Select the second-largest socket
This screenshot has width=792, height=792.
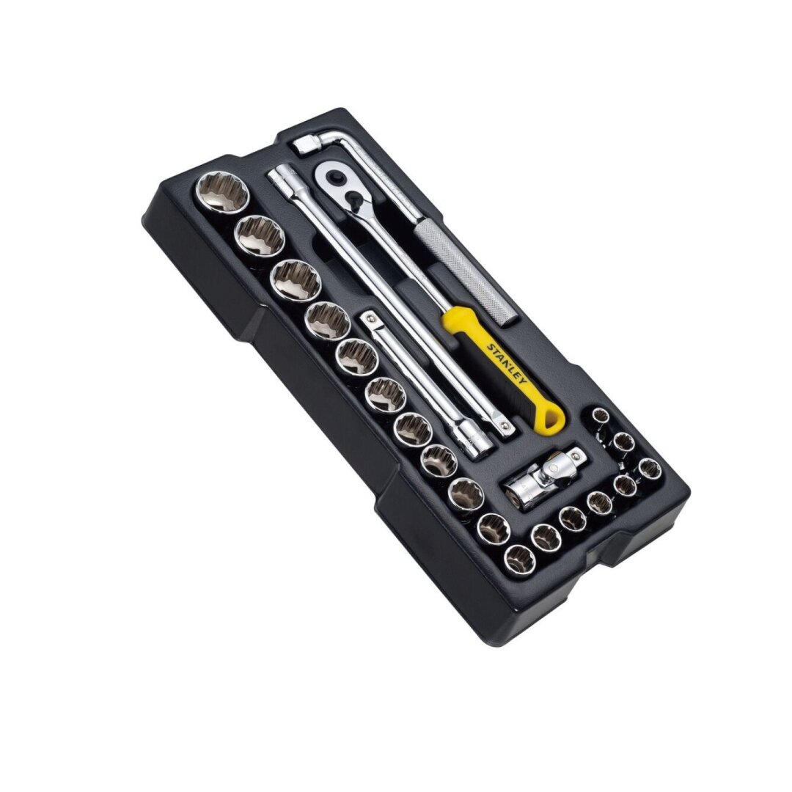click(x=258, y=234)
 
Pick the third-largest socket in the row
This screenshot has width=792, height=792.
click(x=296, y=279)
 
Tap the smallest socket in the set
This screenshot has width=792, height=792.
click(x=601, y=416)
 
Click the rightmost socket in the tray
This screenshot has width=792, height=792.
click(x=649, y=468)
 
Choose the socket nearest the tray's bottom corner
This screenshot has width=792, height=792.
click(x=519, y=558)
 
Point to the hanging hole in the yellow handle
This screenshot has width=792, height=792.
click(x=551, y=420)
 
